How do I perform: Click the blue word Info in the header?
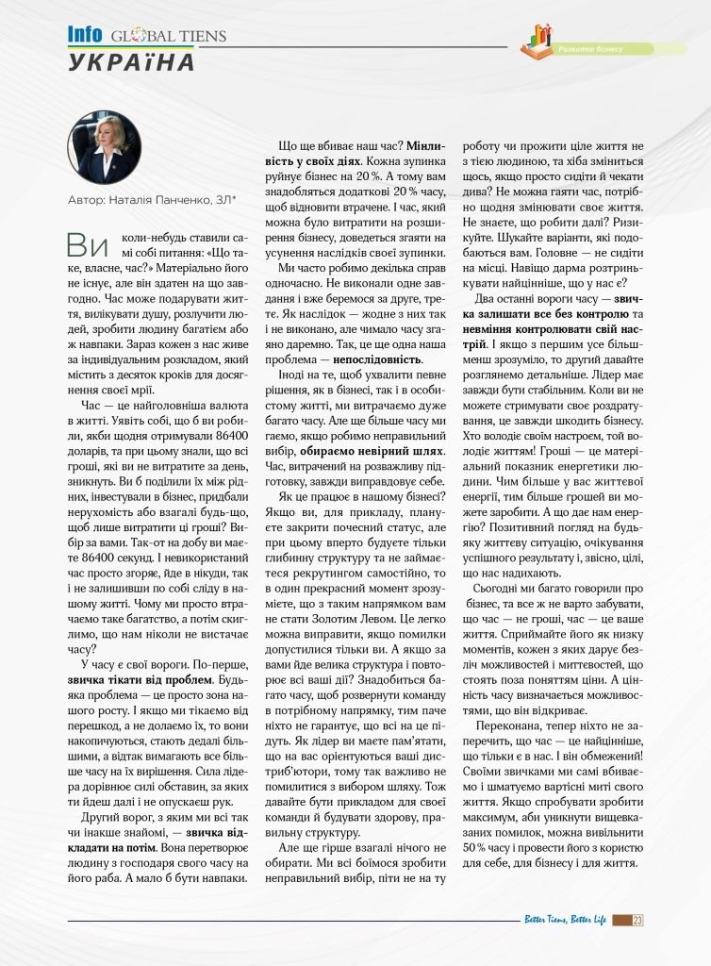[x=85, y=36]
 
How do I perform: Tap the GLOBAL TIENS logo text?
[x=168, y=38]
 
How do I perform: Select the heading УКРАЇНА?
[x=131, y=62]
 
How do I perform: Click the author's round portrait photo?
[x=104, y=149]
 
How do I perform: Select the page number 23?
[x=638, y=922]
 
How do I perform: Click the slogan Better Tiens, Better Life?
[x=565, y=922]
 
